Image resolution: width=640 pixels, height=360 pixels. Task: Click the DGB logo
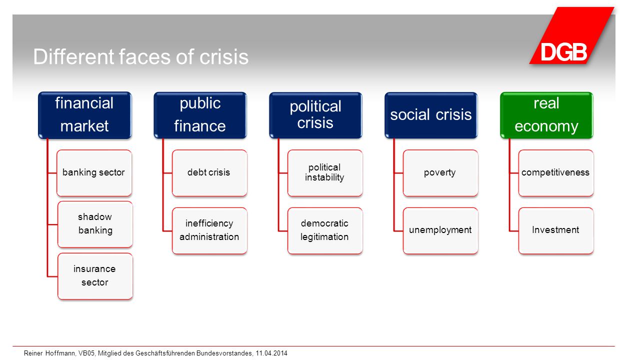571,35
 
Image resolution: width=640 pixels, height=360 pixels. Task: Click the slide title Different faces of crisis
141,56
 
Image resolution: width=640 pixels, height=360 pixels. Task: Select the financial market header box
85,115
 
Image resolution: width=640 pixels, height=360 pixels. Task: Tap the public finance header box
200,115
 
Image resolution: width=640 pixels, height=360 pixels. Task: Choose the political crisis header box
315,115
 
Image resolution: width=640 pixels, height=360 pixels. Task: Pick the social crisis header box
431,115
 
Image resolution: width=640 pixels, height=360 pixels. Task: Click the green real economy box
546,115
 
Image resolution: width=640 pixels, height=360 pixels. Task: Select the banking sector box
94,173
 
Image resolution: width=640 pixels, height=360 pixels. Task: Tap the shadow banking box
95,224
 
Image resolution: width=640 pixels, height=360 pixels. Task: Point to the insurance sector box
95,276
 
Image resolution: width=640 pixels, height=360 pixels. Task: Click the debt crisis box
209,173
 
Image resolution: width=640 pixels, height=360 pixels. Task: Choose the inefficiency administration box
209,230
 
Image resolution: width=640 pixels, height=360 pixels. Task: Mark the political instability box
325,173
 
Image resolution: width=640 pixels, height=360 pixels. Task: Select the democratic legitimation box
325,230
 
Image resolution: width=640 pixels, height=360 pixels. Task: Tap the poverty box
440,173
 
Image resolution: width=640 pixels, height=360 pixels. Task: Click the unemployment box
440,230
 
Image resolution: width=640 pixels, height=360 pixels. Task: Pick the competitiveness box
556,173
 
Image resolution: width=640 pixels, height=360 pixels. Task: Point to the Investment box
556,230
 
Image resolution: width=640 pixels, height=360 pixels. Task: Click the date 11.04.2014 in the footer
271,353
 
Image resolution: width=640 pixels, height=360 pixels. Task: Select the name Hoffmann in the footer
60,353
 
